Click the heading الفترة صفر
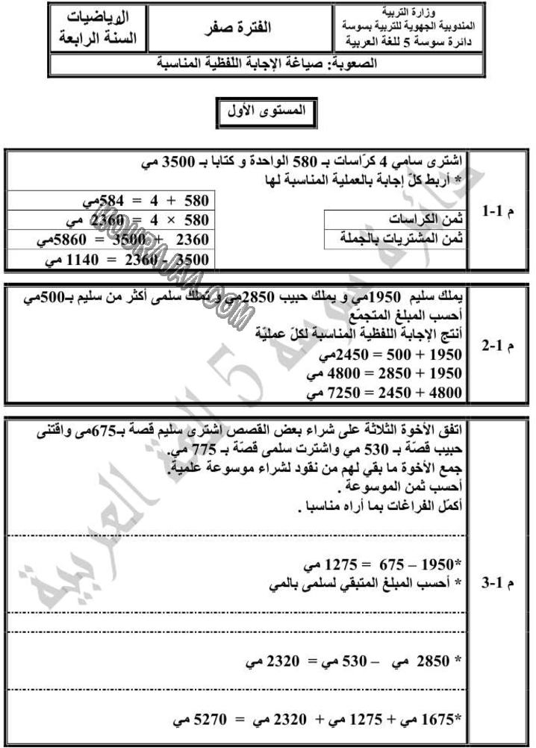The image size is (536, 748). pyautogui.click(x=237, y=31)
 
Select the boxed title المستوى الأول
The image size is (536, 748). pyautogui.click(x=266, y=111)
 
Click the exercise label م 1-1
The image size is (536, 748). pyautogui.click(x=496, y=213)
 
